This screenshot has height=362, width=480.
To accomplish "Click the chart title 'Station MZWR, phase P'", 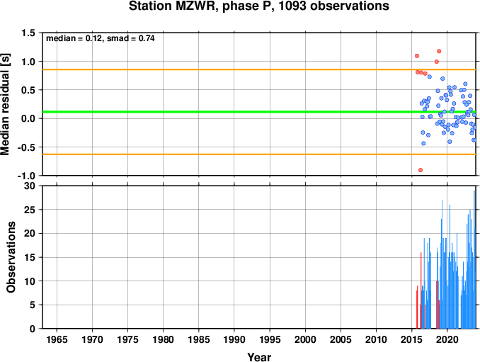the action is (x=200, y=6).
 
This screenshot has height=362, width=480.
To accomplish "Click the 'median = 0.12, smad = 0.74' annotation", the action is (x=101, y=38).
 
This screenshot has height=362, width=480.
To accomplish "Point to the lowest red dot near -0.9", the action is (x=421, y=170).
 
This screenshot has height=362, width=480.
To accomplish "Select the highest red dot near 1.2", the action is (x=439, y=51).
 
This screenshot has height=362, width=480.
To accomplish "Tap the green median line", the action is (x=259, y=112).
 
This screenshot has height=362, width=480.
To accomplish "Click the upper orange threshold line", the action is (x=259, y=69).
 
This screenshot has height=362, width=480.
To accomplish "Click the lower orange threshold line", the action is (x=259, y=154).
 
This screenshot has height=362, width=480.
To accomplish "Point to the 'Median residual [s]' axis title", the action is (x=6, y=104).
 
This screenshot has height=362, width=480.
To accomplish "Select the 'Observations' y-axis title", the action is (x=11, y=257).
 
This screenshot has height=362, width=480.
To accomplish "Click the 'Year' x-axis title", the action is (x=259, y=357).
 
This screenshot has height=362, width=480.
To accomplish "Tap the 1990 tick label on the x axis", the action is (x=234, y=339).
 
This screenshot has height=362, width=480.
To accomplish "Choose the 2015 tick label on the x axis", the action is (x=412, y=339).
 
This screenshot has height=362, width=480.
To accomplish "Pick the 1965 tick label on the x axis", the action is (x=57, y=339).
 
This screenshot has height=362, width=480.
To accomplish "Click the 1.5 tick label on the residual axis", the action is (x=28, y=33).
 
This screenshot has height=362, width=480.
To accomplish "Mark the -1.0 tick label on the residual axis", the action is (x=26, y=176).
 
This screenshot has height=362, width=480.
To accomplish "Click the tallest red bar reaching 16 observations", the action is (x=421, y=290).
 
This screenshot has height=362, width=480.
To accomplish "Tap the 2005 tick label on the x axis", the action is (x=341, y=339).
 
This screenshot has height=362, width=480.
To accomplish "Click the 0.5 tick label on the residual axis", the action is (x=28, y=90).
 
